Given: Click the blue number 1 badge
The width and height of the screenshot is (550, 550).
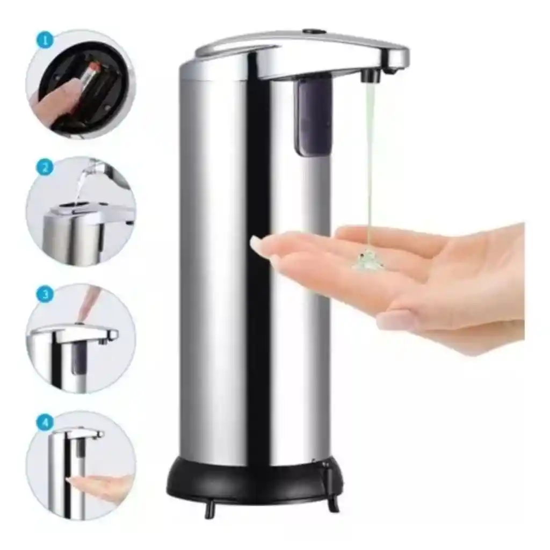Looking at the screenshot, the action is (45, 39).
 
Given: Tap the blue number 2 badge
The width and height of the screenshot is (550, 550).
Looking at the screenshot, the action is (45, 167).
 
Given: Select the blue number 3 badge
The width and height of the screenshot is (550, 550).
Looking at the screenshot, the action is (45, 294).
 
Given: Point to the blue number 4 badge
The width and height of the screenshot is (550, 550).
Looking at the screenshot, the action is (45, 422).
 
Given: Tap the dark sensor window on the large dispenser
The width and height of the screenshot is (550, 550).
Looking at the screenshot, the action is (313, 117).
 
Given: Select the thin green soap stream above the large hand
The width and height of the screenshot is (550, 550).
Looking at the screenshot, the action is (369, 165).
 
